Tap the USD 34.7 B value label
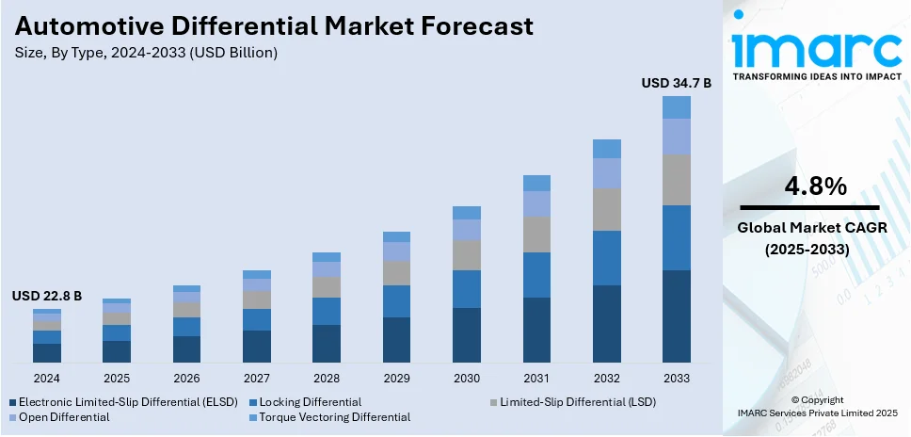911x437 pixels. coord(676,83)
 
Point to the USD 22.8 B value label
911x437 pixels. coord(47,296)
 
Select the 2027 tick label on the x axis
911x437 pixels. coord(256,378)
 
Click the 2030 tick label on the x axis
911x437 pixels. coord(466,378)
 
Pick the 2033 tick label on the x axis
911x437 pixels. coord(676,378)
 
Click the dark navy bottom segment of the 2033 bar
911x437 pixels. coord(676,316)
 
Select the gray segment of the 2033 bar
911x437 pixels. coord(676,180)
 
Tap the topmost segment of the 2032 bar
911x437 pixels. coord(606,149)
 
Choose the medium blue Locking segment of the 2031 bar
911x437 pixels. coord(536,275)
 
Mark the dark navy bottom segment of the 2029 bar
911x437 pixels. coord(396,340)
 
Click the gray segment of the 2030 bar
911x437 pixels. coord(466,255)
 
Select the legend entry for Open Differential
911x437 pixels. coord(58,416)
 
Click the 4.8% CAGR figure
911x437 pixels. coord(809,186)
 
